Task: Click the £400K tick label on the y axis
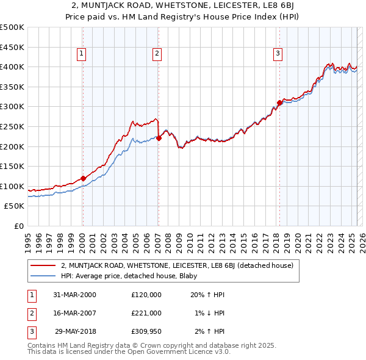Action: click(12, 67)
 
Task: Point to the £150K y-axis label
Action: click(12, 166)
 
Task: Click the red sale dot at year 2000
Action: click(83, 178)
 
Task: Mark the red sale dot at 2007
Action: click(159, 138)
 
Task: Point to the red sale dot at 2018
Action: click(279, 103)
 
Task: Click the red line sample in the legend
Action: click(43, 265)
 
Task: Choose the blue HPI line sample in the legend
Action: click(43, 275)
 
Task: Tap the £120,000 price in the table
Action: click(146, 295)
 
